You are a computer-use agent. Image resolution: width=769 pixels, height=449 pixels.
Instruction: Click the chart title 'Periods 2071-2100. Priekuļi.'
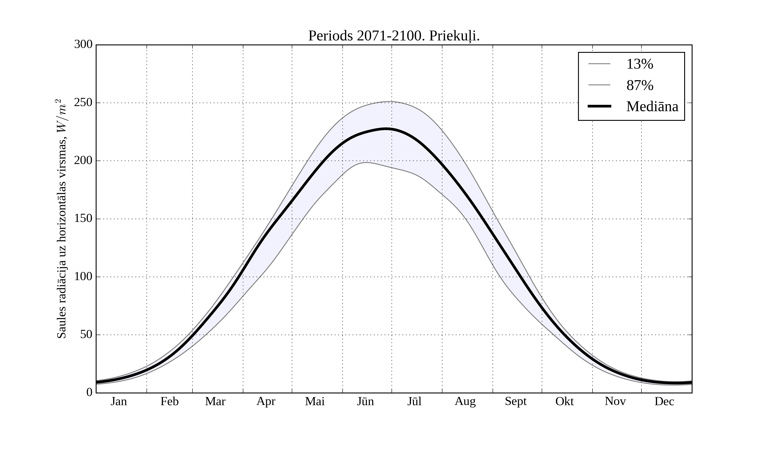coord(394,36)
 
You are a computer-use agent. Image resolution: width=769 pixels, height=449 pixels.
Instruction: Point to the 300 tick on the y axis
coord(83,45)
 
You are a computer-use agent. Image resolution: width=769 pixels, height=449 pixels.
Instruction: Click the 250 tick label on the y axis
coord(83,103)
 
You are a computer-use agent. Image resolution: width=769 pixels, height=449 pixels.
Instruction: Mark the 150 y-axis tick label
coord(83,219)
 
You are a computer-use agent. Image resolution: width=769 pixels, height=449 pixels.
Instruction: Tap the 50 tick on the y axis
coord(86,335)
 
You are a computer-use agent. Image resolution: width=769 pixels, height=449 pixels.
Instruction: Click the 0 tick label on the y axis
coord(90,393)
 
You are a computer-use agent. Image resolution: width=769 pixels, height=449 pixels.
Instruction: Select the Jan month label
coord(119,401)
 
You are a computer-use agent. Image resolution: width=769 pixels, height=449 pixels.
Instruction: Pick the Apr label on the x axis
coord(266,401)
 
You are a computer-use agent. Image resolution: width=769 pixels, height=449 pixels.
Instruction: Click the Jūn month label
coord(365,401)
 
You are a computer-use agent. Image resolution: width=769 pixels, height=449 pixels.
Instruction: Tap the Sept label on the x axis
coord(516,401)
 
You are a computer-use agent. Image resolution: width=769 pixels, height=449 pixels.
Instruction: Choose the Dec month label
coord(664,401)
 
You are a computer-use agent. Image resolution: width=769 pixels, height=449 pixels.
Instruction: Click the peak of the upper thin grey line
coord(389,101)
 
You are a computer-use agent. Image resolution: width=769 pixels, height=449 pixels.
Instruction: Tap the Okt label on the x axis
coord(565,401)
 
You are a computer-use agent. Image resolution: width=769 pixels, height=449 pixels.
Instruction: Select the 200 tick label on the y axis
coord(83,161)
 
